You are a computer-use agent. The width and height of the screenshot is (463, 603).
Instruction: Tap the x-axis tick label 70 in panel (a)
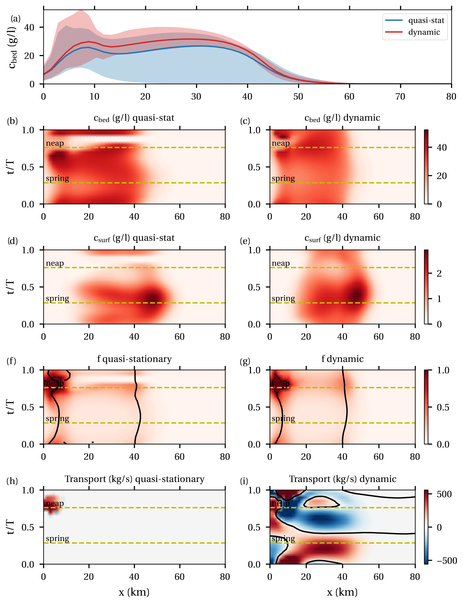400,97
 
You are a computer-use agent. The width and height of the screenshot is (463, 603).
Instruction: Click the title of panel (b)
134,118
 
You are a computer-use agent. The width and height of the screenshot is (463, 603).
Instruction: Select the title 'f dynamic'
343,359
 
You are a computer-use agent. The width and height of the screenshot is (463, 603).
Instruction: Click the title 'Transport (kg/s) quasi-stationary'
135,479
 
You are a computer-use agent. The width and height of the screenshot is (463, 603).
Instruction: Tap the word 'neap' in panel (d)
55,263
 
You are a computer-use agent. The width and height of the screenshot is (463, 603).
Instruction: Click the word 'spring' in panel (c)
283,178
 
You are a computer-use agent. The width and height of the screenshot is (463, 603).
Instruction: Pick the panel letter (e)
245,241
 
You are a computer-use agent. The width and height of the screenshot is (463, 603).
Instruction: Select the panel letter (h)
12,481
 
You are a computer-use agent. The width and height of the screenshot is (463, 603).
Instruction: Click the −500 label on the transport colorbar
447,561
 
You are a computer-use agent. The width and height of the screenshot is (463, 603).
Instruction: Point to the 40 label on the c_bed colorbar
442,148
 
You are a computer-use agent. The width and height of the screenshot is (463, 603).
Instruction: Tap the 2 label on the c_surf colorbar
439,273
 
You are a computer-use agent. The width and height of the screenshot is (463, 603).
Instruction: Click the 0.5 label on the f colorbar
443,407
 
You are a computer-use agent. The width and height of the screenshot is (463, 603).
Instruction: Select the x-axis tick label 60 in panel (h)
180,577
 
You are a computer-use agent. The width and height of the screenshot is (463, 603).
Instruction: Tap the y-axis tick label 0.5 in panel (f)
28,407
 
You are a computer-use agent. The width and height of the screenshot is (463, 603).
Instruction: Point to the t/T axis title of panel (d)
10,287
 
